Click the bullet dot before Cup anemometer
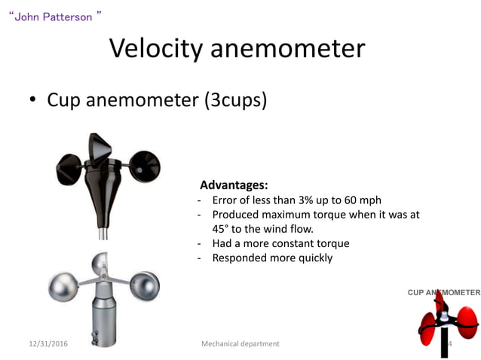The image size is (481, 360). coord(33,101)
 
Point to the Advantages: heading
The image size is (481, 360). coord(234,185)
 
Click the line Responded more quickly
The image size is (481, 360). coord(271,258)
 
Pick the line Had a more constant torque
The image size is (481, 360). coord(280,243)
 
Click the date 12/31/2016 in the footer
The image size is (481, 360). coord(48,344)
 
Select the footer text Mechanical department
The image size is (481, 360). coord(240,344)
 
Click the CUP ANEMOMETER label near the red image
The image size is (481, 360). coord(443,292)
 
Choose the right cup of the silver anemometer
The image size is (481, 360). coord(143,285)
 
